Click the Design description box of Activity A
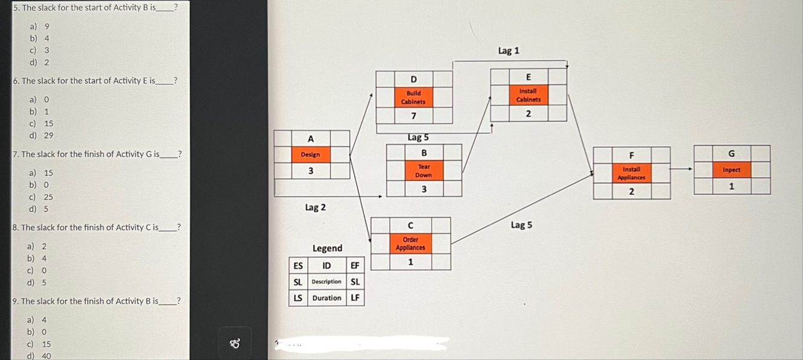point(311,154)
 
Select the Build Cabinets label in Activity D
point(413,97)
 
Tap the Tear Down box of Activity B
point(424,171)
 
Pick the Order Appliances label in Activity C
point(410,244)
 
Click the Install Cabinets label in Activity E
point(528,95)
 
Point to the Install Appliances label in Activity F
point(631,174)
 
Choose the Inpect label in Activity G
point(731,170)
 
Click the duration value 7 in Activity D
point(413,116)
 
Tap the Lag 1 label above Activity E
point(509,51)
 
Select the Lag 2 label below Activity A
point(315,207)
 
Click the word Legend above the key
point(327,248)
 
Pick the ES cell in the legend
point(298,265)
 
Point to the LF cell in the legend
point(355,298)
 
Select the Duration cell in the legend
point(326,298)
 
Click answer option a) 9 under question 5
point(40,27)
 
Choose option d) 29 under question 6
point(40,136)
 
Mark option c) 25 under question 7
point(40,197)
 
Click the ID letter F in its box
point(631,155)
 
